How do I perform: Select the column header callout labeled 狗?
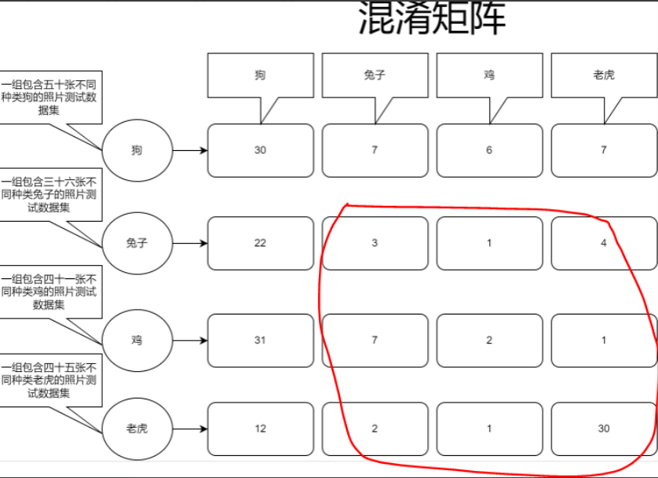[x=260, y=75]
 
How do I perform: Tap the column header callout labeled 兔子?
[x=375, y=75]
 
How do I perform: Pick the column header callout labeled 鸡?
[x=489, y=75]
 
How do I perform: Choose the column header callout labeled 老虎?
[x=604, y=75]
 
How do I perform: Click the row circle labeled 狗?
[x=137, y=150]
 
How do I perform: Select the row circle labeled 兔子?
[x=137, y=243]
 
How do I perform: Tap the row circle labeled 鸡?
[x=137, y=340]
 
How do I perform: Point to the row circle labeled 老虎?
[x=137, y=428]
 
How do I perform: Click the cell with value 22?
[x=260, y=243]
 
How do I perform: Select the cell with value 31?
[x=260, y=340]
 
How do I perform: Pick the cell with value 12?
[x=260, y=428]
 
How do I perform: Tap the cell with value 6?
[x=489, y=150]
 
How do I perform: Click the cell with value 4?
[x=604, y=243]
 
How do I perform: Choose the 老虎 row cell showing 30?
[x=604, y=428]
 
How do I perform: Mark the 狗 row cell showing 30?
[x=260, y=150]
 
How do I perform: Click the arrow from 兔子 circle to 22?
[x=189, y=243]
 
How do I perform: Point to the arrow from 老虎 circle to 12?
[x=189, y=428]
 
